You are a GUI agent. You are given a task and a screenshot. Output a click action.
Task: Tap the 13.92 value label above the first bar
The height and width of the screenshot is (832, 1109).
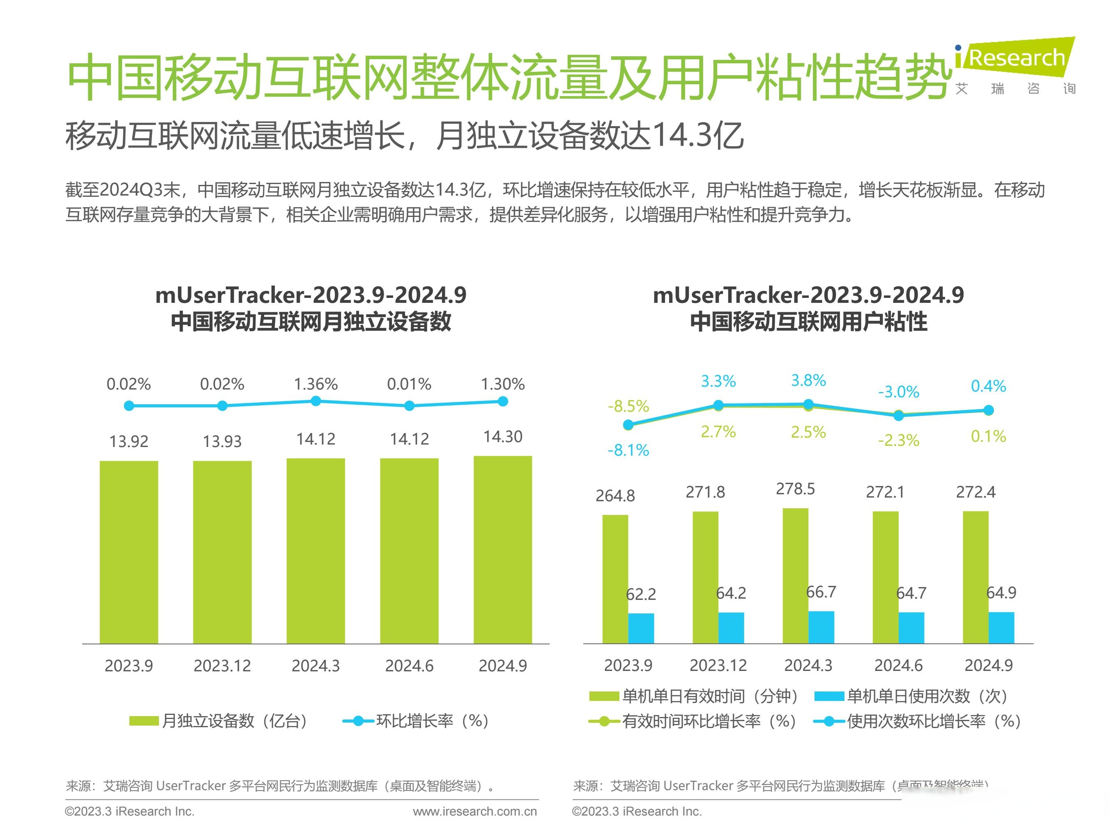point(129,441)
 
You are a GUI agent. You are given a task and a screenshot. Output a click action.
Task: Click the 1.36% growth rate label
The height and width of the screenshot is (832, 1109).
point(315,384)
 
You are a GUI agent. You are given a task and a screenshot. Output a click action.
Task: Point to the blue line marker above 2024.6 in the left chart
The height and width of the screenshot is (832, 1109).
point(409,406)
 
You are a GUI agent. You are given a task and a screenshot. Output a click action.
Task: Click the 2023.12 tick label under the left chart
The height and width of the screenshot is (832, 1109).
point(222,666)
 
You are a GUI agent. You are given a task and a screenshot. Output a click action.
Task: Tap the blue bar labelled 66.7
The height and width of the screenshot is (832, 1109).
point(821,627)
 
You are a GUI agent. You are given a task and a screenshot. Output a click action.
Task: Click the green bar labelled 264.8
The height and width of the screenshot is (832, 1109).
point(615,579)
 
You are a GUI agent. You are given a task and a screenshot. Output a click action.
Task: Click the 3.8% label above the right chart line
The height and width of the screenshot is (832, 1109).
point(808,380)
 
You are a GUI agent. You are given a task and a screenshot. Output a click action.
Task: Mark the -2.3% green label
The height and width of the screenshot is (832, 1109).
point(898,440)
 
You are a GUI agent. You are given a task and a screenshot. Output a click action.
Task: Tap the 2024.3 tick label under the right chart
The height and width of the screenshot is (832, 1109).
point(808,665)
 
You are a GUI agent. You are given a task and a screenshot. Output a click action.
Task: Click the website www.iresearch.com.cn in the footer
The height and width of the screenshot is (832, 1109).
point(474,811)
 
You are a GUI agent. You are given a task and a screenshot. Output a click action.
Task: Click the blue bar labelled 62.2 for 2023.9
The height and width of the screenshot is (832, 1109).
point(641,628)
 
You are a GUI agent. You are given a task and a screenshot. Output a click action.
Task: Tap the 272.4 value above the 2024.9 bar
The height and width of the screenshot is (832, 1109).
point(975,492)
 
